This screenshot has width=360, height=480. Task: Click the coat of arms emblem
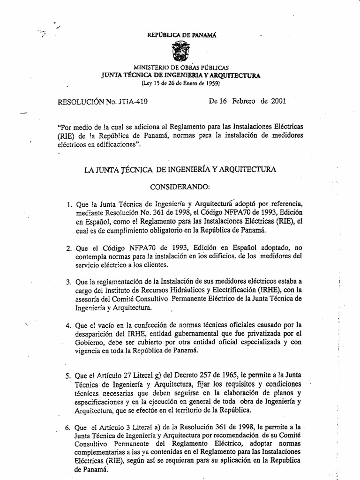(x=180, y=51)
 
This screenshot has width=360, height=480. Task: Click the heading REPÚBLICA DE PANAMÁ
(x=180, y=35)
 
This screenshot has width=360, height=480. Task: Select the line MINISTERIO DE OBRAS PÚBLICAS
(x=180, y=68)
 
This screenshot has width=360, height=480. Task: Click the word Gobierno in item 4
(x=90, y=343)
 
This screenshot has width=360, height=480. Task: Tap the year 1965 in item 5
(x=227, y=375)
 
